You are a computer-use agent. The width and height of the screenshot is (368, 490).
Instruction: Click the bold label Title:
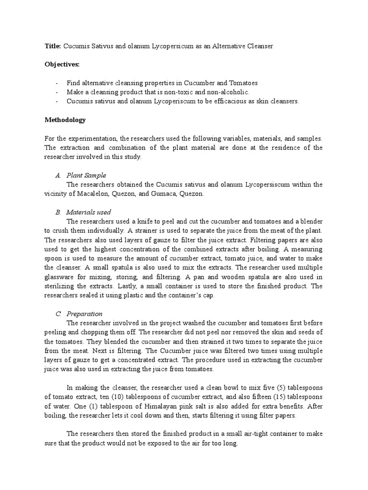pos(52,45)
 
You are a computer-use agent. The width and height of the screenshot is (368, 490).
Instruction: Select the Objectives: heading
pos(62,64)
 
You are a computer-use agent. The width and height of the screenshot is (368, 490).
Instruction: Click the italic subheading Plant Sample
pos(86,175)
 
